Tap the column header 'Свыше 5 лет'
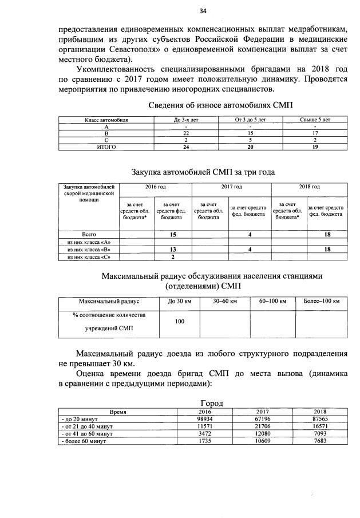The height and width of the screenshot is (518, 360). click(315, 120)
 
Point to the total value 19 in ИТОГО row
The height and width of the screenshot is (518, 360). click(315, 147)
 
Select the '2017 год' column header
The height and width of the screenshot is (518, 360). click(232, 187)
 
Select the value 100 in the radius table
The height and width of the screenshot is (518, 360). click(180, 322)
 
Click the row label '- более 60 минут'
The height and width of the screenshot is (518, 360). click(81, 442)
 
